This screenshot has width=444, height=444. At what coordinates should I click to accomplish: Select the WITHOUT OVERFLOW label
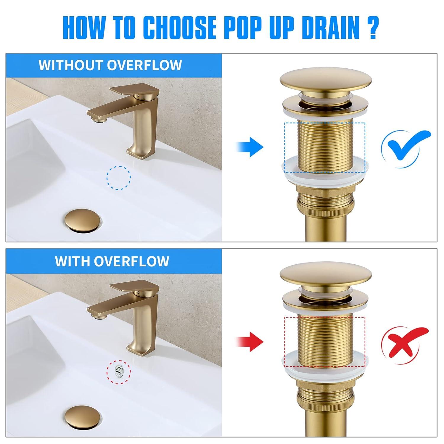(x=110, y=65)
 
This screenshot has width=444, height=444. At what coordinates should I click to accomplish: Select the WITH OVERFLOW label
(x=112, y=261)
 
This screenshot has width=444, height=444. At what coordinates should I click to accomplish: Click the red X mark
(x=404, y=342)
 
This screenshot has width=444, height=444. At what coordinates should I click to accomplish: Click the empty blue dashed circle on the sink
(x=119, y=178)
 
